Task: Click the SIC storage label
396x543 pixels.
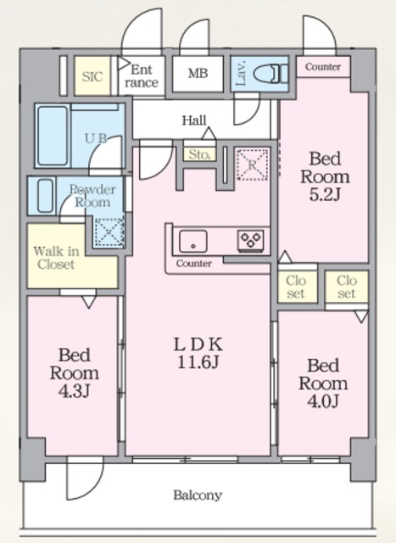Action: tap(92, 76)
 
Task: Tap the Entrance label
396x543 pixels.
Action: tap(143, 76)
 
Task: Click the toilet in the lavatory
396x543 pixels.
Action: tap(266, 74)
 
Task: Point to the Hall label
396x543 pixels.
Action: tap(195, 120)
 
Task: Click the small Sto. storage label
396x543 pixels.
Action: tap(198, 154)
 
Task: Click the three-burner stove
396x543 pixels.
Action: tap(251, 240)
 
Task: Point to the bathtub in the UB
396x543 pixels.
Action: tap(53, 135)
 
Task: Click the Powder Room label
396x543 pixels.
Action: tap(92, 196)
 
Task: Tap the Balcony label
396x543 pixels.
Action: tap(198, 495)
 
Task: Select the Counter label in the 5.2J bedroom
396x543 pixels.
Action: tap(323, 67)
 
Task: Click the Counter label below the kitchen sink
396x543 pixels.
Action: tap(193, 264)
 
